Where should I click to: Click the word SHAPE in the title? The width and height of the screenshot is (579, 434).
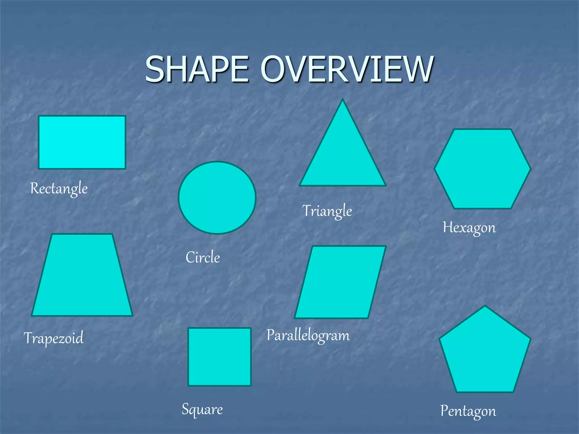click(197, 69)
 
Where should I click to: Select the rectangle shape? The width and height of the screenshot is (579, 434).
click(82, 142)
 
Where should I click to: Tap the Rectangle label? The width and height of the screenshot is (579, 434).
click(59, 188)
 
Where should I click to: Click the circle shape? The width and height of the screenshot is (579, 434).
click(217, 198)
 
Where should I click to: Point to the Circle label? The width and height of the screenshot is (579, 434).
click(203, 257)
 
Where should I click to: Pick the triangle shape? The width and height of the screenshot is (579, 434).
click(343, 158)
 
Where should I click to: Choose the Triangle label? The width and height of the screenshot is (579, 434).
click(327, 211)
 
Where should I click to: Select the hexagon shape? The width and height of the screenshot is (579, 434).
click(482, 169)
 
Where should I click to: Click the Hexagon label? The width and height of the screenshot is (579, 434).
click(469, 228)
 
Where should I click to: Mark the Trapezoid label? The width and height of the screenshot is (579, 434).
click(54, 338)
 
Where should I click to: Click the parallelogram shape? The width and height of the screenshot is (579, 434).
click(340, 282)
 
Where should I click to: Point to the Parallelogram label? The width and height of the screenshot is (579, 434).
click(308, 336)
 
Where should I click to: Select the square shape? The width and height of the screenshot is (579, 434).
click(219, 357)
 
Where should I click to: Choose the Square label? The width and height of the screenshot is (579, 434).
click(202, 409)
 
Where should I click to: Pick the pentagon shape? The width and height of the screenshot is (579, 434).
click(485, 353)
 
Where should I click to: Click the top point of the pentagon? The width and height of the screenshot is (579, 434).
click(485, 307)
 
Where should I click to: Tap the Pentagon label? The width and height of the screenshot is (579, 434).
click(468, 411)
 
